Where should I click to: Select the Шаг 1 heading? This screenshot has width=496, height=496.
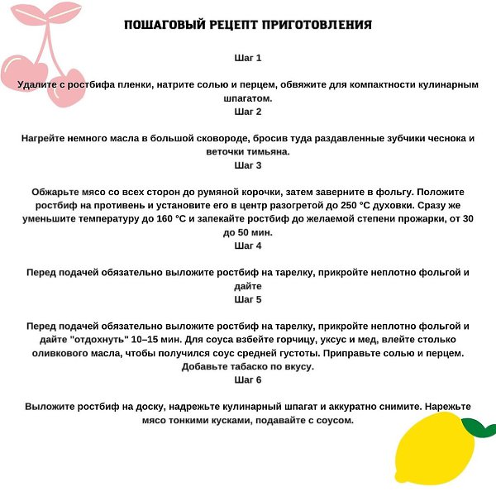point(248,59)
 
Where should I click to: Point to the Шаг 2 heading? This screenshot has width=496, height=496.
point(248,112)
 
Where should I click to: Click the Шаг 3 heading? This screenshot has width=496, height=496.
point(248,165)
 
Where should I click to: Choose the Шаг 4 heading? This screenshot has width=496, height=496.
point(248,246)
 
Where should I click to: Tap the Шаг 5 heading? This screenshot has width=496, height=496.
point(248,299)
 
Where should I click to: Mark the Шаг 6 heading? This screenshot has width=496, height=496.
point(248,379)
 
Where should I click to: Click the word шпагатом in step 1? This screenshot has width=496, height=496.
point(248,98)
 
